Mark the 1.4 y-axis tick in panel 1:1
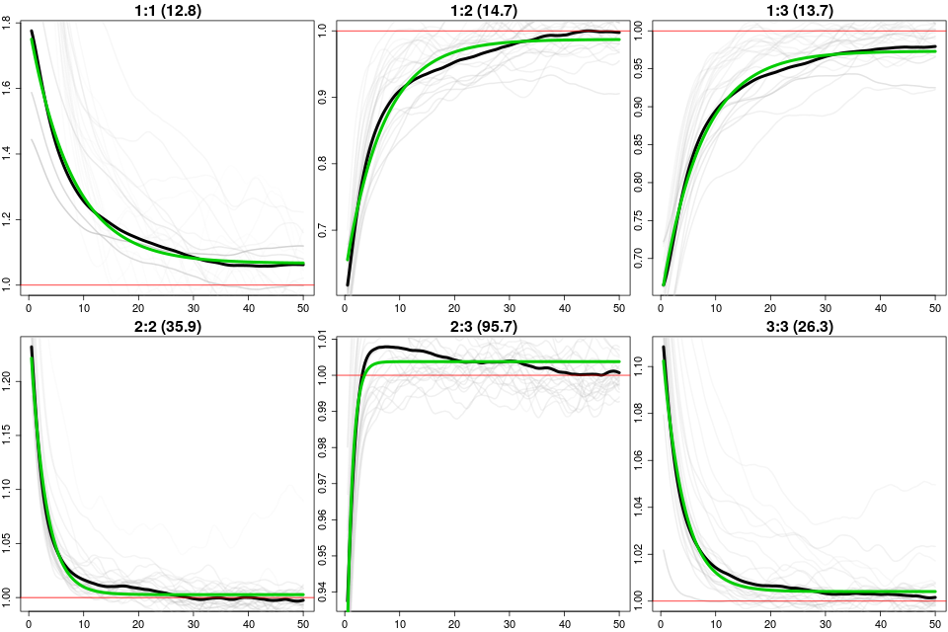[9, 153]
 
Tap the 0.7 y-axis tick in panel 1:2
[325, 231]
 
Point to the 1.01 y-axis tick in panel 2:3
[325, 340]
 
